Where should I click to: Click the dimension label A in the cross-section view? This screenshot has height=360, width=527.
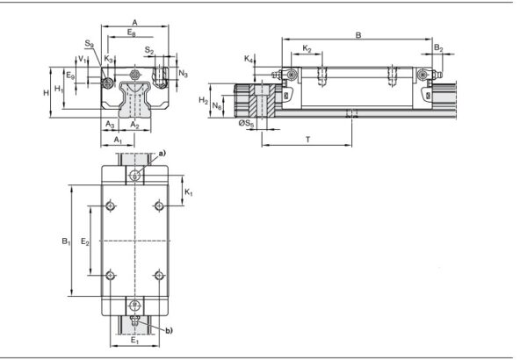tap(134, 21)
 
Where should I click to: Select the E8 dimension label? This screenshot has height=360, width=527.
tap(131, 32)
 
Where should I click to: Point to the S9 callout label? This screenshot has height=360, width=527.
tap(90, 43)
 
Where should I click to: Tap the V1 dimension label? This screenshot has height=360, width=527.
tap(81, 60)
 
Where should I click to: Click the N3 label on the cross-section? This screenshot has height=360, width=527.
tap(183, 74)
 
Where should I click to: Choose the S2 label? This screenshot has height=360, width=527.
tap(150, 52)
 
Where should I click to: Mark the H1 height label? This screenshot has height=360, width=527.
tap(59, 90)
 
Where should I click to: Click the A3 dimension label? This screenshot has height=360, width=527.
tap(110, 126)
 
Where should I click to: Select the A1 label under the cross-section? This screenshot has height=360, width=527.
tap(119, 140)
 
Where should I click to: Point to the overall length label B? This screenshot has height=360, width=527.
tap(357, 34)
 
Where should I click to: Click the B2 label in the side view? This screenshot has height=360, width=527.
tap(438, 49)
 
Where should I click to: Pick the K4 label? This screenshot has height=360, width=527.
tap(249, 60)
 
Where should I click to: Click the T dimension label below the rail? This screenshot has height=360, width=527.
tap(307, 140)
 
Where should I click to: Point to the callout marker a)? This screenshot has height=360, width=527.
tap(162, 154)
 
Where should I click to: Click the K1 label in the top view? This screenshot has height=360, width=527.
tap(189, 191)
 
